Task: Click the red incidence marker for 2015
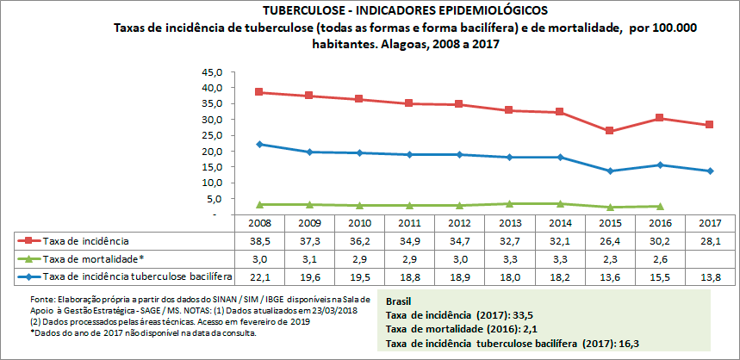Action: point(609,131)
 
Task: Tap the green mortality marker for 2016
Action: point(659,207)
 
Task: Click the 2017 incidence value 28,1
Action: point(710,240)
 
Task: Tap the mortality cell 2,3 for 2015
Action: point(609,258)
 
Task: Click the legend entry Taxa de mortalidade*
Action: point(93,258)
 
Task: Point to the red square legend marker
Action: point(28,240)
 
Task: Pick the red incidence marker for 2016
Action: point(659,118)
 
